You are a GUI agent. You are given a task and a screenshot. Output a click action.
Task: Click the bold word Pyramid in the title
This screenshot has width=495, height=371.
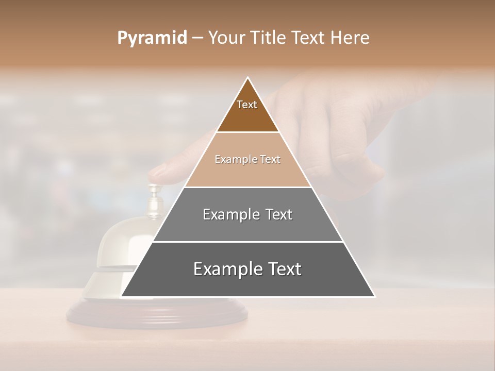pyautogui.click(x=152, y=38)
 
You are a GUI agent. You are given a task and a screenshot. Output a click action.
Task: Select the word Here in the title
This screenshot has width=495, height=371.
pyautogui.click(x=350, y=38)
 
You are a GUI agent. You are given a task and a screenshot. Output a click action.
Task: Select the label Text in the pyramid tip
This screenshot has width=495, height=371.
pyautogui.click(x=247, y=105)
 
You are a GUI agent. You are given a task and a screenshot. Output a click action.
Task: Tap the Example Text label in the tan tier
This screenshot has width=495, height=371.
pyautogui.click(x=247, y=159)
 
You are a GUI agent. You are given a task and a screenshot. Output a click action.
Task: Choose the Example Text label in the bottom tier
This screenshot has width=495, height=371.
pyautogui.click(x=247, y=269)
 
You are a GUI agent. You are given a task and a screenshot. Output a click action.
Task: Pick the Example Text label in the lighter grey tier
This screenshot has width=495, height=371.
pyautogui.click(x=247, y=214)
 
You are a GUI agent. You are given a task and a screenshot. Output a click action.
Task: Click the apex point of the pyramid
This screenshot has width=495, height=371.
pyautogui.click(x=248, y=78)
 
